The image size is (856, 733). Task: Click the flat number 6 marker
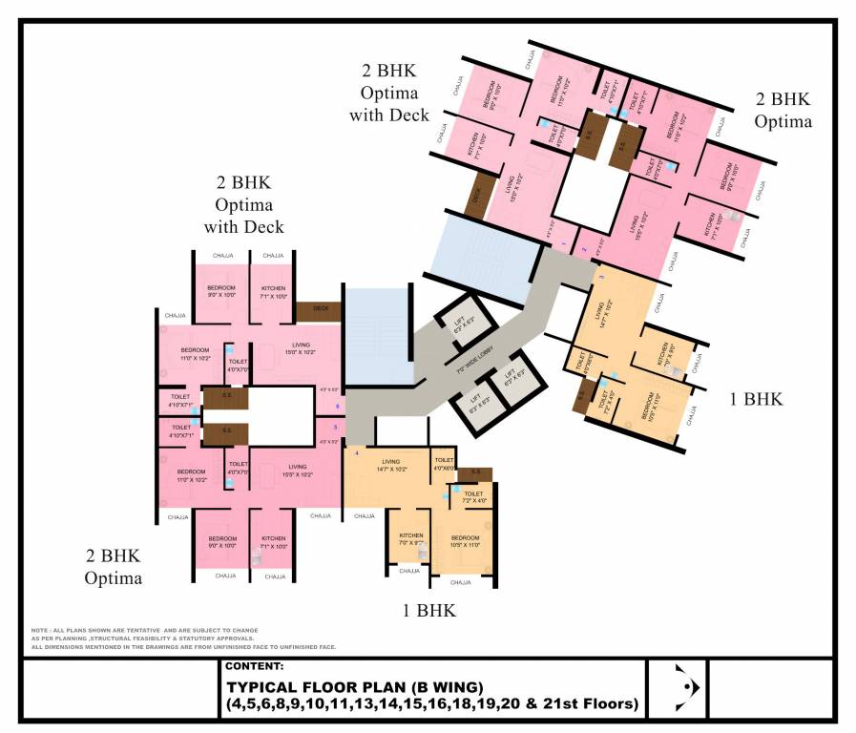pos(337,407)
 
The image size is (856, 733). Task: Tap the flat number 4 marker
pos(357,452)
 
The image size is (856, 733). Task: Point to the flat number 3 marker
pos(601,277)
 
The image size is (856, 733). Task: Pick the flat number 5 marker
pos(335,427)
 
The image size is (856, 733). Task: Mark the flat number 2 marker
pos(584,249)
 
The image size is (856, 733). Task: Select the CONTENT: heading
pos(255,666)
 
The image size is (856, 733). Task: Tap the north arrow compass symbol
pos(679,686)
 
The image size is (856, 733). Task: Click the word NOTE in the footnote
pos(40,631)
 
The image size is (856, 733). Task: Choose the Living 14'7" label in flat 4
pos(394,465)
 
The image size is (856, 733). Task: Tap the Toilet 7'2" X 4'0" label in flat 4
pos(474,496)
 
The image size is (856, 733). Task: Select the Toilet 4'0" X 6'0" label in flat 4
pos(444,464)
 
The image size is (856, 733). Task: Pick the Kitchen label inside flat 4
pos(410,538)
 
